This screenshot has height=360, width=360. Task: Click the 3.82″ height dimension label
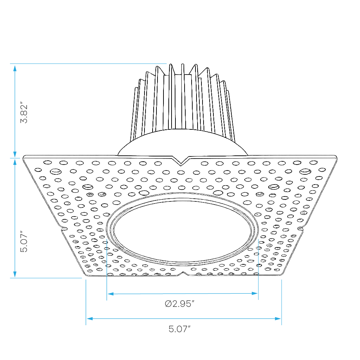click(24, 112)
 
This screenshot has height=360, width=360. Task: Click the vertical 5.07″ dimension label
click(24, 241)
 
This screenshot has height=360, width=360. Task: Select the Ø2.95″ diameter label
click(180, 304)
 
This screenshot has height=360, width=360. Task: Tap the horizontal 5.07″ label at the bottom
click(180, 329)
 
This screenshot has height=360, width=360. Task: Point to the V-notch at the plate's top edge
click(181, 161)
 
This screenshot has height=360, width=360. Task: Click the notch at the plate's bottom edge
click(184, 274)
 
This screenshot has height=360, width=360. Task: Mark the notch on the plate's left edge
click(64, 229)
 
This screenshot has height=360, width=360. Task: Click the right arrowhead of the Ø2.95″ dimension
click(255, 294)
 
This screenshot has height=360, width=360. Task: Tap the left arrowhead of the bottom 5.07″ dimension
click(90, 319)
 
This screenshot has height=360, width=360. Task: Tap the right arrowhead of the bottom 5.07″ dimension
click(278, 319)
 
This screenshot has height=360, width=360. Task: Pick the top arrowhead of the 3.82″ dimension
click(15, 69)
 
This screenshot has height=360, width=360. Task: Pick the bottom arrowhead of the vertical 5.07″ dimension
click(15, 274)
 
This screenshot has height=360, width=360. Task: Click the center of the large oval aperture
click(182, 230)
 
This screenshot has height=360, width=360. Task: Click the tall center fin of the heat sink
click(183, 96)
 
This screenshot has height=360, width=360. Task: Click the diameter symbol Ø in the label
click(168, 304)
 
